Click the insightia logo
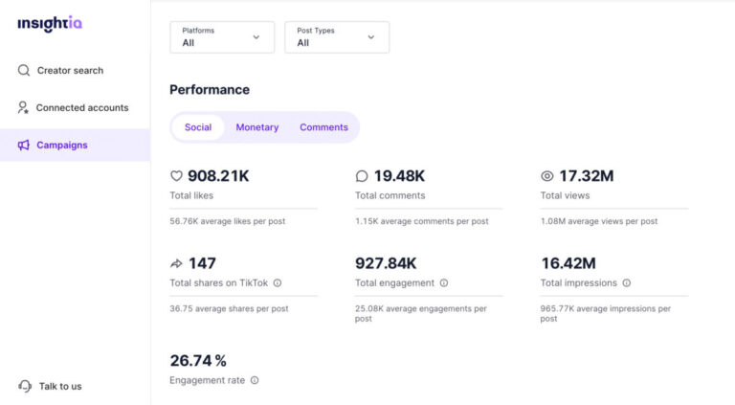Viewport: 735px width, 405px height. tap(50, 24)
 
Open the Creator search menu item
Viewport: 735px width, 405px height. tap(69, 70)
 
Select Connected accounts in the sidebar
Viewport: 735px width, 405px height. tap(81, 107)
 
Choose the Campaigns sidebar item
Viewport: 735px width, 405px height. tap(61, 145)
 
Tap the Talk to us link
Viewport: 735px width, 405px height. tap(59, 386)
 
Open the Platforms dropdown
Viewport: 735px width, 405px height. tap(222, 37)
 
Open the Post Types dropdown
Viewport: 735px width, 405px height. tap(337, 37)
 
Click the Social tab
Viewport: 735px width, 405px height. tap(198, 127)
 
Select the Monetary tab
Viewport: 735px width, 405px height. tap(257, 127)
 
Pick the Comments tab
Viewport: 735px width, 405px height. tap(323, 127)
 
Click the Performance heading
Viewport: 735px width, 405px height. tap(210, 90)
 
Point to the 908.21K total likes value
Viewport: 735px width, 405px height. tap(218, 176)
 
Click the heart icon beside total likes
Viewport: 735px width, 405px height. tap(176, 176)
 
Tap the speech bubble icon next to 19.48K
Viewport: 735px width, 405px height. tap(362, 176)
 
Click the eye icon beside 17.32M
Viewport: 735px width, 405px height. tap(547, 176)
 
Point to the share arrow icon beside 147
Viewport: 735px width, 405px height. tap(176, 263)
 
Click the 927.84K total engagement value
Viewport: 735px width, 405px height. tap(386, 263)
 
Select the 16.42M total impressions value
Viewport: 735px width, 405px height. tap(568, 263)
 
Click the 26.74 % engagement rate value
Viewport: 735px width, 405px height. tap(198, 361)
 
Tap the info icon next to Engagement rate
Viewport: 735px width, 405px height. tap(255, 380)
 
